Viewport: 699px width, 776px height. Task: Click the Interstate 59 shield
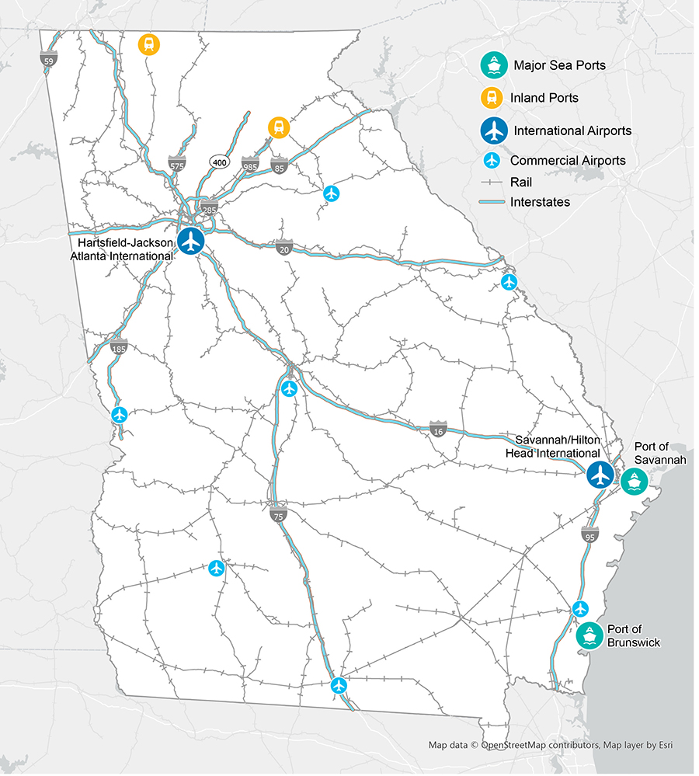[x=49, y=58]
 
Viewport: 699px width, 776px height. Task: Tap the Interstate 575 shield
[x=177, y=164]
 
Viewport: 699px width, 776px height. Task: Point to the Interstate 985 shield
[x=250, y=164]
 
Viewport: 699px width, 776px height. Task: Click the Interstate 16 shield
[x=439, y=429]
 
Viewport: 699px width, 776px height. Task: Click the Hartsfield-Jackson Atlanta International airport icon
[x=190, y=241]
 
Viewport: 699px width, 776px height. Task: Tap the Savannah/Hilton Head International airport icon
[x=600, y=474]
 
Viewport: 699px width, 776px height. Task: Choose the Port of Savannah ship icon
[x=634, y=482]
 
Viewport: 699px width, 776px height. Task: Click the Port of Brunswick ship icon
[x=589, y=635]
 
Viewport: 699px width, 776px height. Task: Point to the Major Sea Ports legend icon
[x=493, y=65]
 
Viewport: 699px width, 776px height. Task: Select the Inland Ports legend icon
[x=493, y=98]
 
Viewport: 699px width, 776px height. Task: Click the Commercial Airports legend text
[x=568, y=161]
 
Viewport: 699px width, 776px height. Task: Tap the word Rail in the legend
[x=521, y=182]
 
